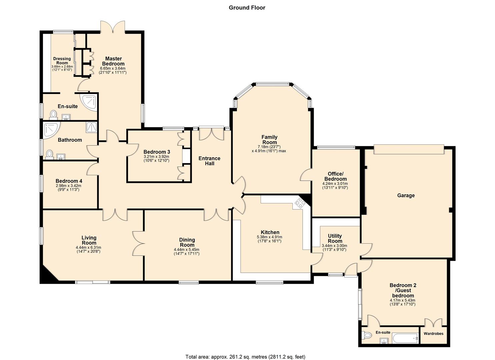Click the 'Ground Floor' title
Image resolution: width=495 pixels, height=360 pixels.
point(247,8)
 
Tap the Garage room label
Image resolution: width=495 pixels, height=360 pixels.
point(406,195)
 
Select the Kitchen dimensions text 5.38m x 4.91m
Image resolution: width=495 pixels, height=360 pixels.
point(269,237)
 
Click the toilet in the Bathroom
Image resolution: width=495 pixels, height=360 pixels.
point(50,154)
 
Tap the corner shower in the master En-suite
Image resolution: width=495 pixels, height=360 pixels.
point(89,103)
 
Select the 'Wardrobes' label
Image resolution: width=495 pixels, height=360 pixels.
point(433,334)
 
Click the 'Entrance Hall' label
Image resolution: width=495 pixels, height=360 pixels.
point(209,161)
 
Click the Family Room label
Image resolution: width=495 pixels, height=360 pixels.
point(269,140)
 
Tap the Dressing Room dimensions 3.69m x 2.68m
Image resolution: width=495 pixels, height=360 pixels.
point(62,67)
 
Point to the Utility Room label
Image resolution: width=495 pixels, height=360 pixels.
point(335,238)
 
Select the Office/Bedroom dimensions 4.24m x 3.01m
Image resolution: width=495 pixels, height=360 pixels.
point(335,184)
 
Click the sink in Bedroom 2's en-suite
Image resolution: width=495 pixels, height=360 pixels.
point(384,341)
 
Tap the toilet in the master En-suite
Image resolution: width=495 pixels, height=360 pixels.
point(53,115)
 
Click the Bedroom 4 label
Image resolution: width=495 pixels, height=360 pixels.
point(69,181)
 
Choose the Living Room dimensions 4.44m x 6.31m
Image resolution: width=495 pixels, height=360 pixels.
point(88,248)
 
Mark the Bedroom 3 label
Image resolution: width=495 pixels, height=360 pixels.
point(157,152)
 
